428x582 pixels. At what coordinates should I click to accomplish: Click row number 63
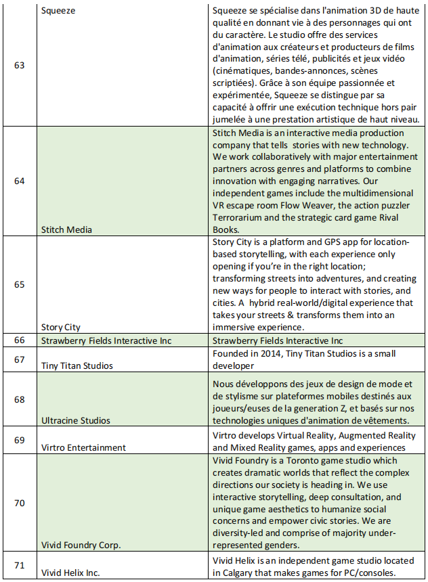coord(19,66)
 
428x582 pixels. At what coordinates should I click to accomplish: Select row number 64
coord(19,181)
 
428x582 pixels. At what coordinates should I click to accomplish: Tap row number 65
coord(19,284)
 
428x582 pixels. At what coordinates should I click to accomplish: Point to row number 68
coord(19,399)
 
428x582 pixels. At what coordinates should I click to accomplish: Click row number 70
coord(19,503)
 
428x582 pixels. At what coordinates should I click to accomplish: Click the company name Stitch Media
coord(66,229)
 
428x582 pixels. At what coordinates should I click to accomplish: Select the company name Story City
coord(61,327)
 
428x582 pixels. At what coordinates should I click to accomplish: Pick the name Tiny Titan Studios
coord(77,365)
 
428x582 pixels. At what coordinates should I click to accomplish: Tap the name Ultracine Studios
coord(77,420)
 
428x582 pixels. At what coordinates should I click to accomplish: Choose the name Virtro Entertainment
coord(83,447)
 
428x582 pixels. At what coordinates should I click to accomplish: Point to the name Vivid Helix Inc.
coord(70,573)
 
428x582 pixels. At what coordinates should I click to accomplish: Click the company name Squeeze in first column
coord(58,11)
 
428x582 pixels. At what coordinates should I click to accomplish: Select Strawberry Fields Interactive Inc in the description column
coord(278,340)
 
